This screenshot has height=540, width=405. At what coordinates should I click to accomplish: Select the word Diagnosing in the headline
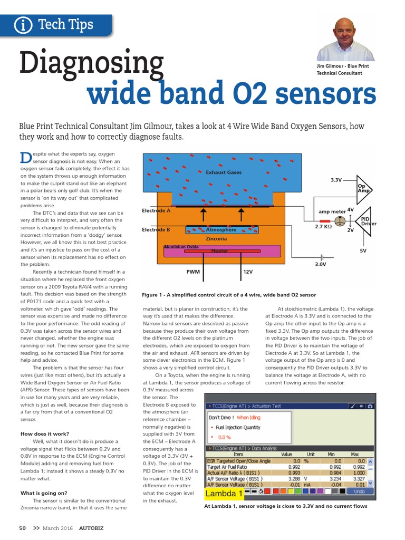92,63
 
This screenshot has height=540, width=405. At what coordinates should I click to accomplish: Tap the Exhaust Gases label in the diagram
223,172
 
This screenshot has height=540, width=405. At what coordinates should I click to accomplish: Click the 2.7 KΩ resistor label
323,227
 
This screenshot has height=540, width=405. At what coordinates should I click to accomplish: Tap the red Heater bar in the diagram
220,251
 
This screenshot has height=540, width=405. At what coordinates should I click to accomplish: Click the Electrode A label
157,210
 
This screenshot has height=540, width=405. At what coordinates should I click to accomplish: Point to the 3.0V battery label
321,264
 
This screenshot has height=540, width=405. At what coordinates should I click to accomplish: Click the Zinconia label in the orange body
216,239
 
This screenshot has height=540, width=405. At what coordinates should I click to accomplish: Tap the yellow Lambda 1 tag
224,494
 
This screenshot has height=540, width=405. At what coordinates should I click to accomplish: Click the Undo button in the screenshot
359,491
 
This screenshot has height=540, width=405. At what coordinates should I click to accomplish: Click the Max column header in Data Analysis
355,454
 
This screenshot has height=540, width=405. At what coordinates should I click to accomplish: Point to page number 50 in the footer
23,528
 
